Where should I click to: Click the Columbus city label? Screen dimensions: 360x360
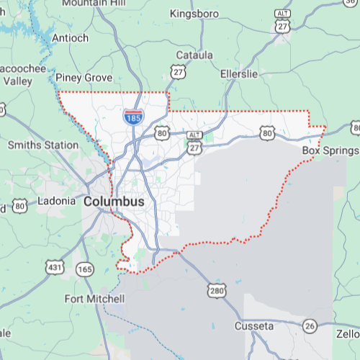114,202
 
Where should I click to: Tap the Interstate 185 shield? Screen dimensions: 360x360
132,117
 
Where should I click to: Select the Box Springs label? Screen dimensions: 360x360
329,150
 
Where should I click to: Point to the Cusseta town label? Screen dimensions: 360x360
254,326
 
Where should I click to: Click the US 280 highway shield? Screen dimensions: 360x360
217,290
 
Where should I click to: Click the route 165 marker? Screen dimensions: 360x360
85,269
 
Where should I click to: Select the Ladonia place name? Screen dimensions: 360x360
56,201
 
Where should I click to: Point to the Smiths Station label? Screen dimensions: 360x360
43,145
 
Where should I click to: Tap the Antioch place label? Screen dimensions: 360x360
71,38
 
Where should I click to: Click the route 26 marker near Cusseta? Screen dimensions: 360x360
310,325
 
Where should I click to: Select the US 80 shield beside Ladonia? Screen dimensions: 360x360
19,206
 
